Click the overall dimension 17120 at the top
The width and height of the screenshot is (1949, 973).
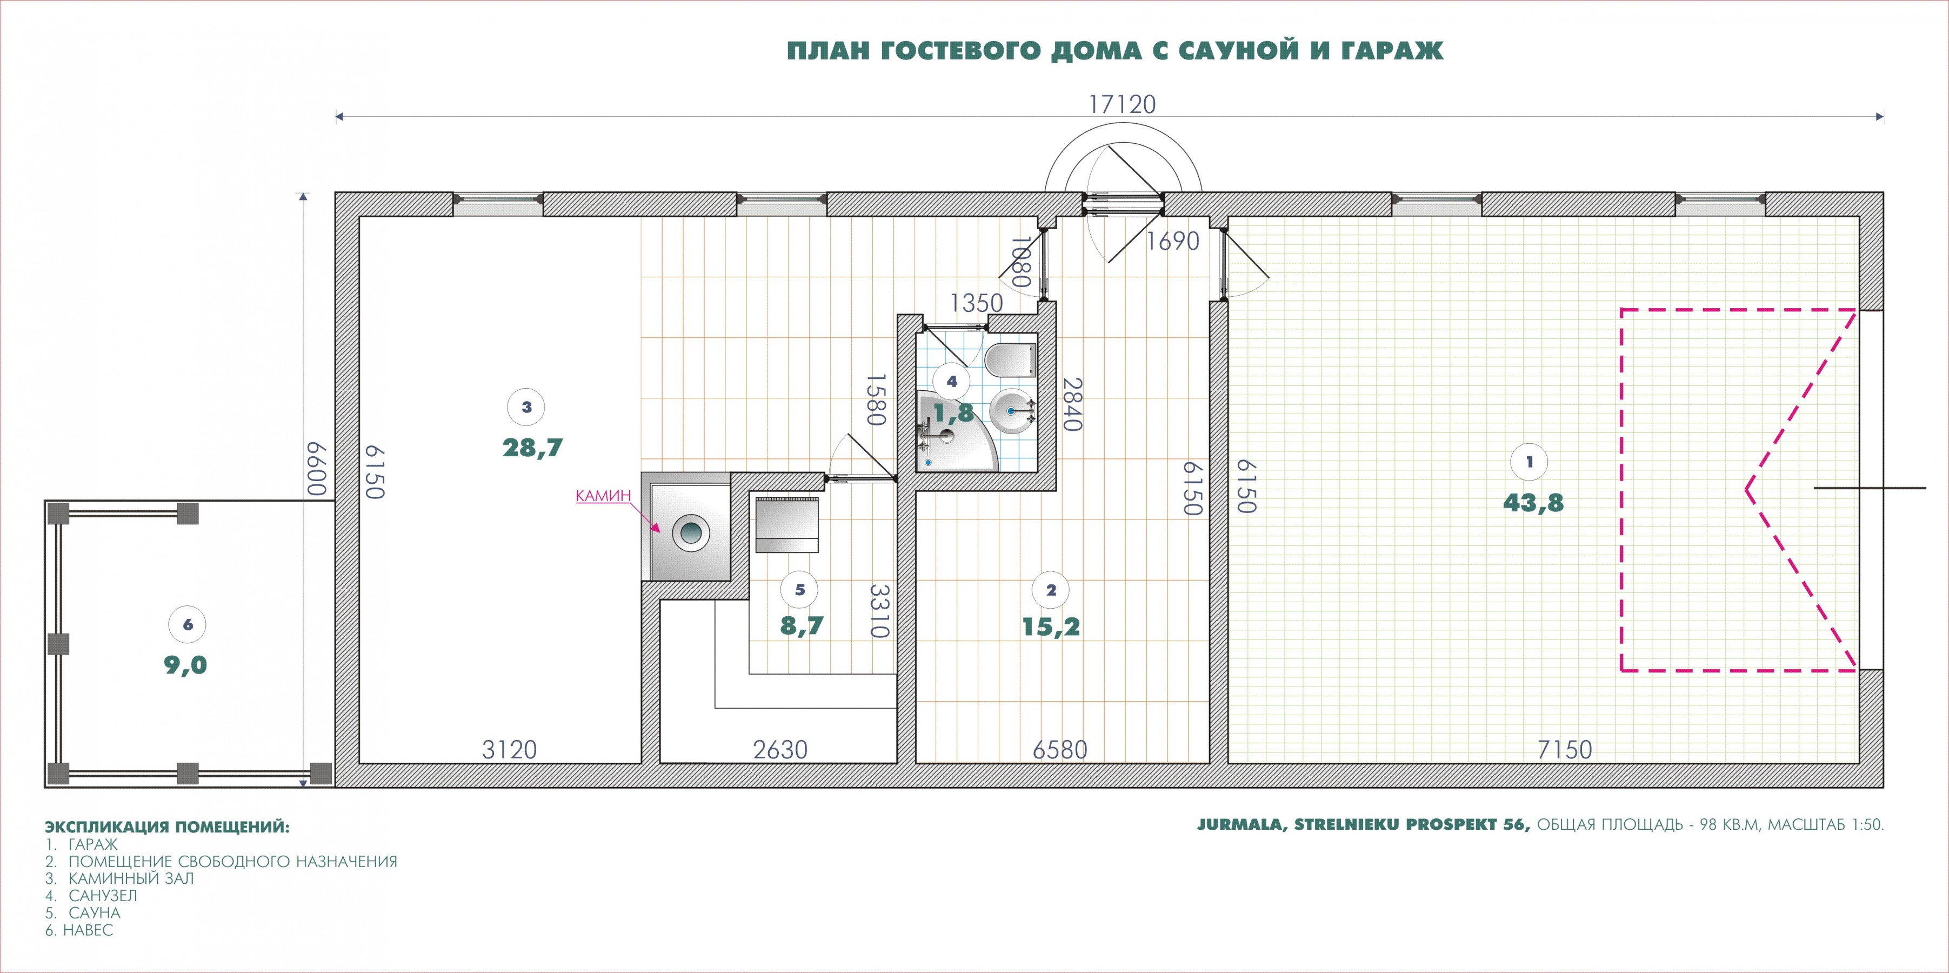point(1122,104)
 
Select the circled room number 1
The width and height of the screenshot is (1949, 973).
point(1529,462)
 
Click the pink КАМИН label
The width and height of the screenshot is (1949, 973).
point(603,496)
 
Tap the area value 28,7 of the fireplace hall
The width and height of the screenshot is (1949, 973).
point(532,448)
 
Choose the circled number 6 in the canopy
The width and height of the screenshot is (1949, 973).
point(188,625)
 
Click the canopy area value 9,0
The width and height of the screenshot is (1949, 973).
point(185,665)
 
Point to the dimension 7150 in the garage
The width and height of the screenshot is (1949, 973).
point(1565,750)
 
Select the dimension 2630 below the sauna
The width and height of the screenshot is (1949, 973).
point(780,750)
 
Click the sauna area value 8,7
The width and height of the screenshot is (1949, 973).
point(801,626)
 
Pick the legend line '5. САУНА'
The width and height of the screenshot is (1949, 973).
point(83,913)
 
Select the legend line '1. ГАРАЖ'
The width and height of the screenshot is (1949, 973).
point(81,844)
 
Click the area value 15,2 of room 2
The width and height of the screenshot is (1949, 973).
point(1051,627)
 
